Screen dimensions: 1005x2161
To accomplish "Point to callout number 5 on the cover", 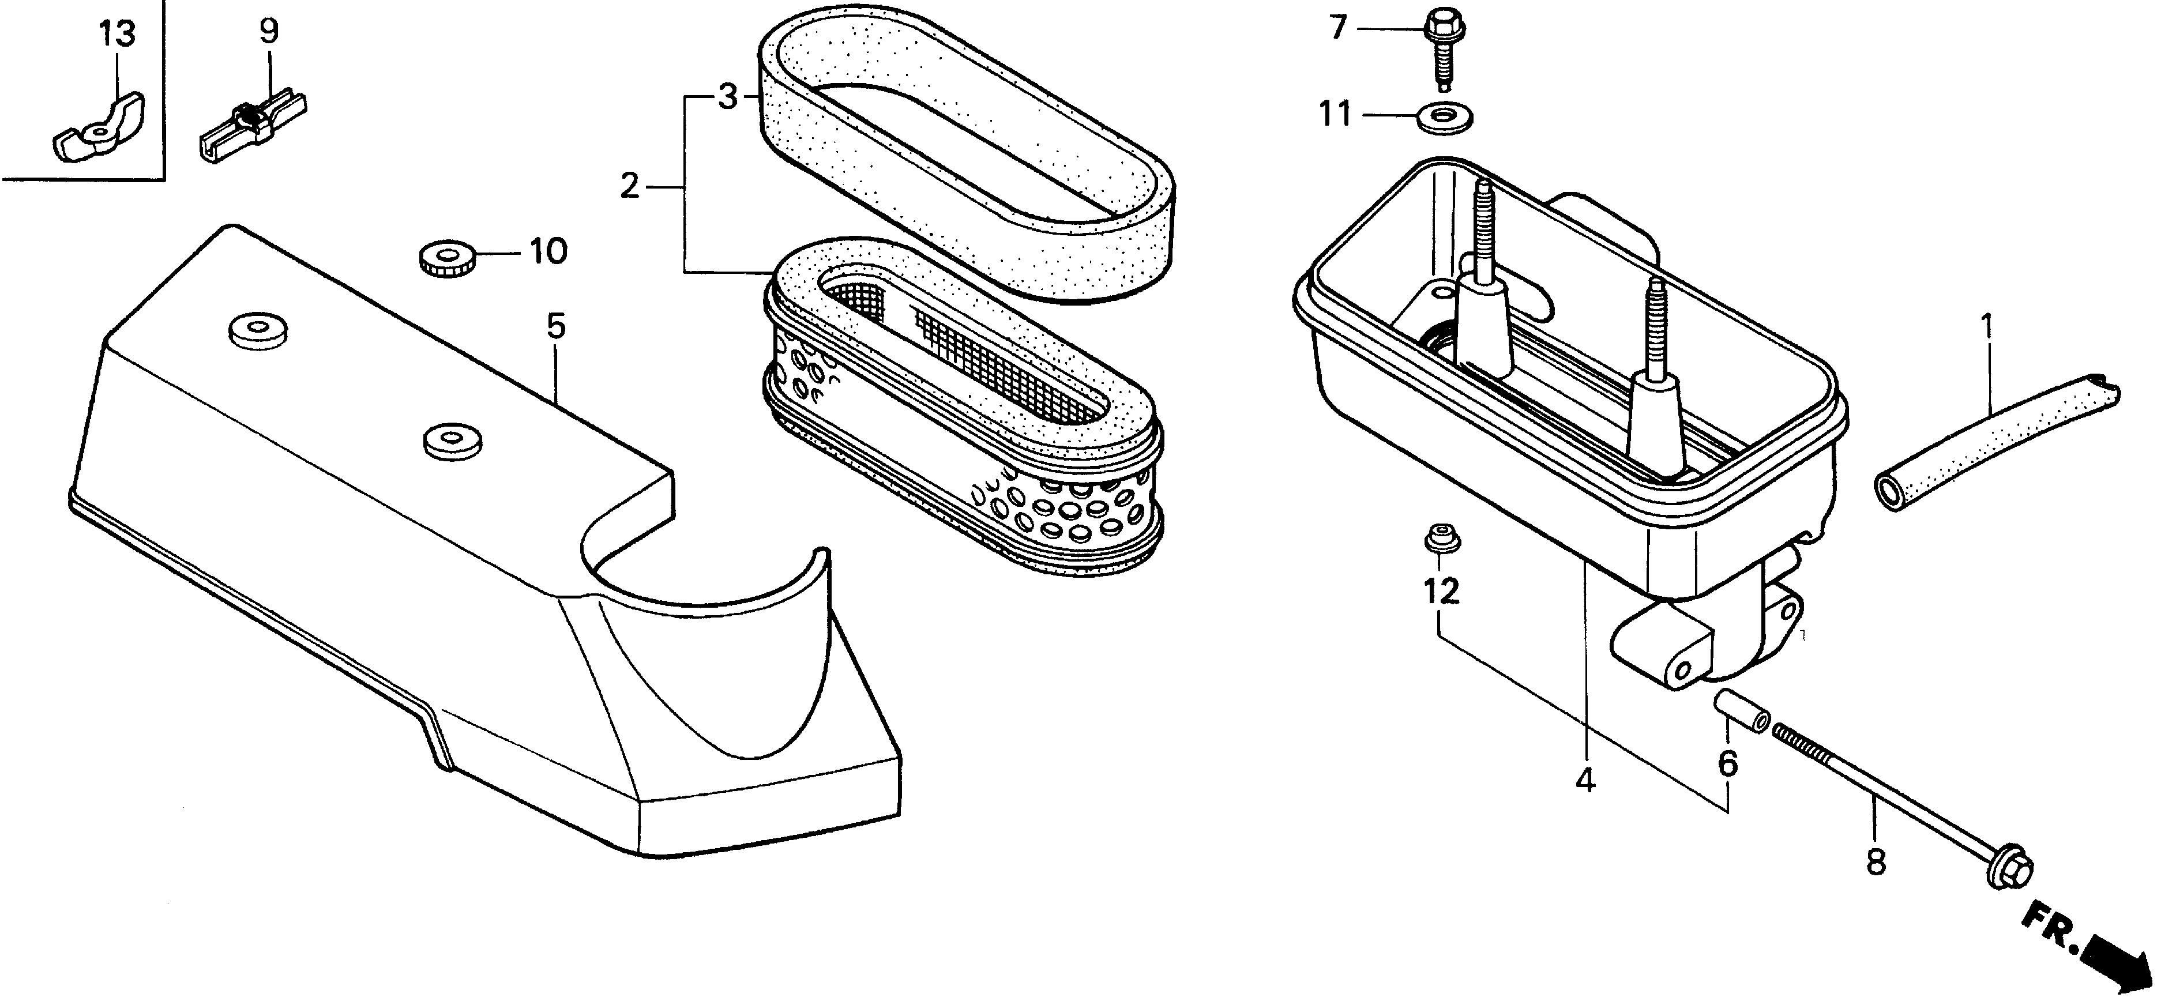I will [556, 326].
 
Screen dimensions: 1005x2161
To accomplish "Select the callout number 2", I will [630, 186].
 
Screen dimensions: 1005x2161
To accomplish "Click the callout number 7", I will [1338, 28].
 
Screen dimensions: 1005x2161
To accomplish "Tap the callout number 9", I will [268, 31].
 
